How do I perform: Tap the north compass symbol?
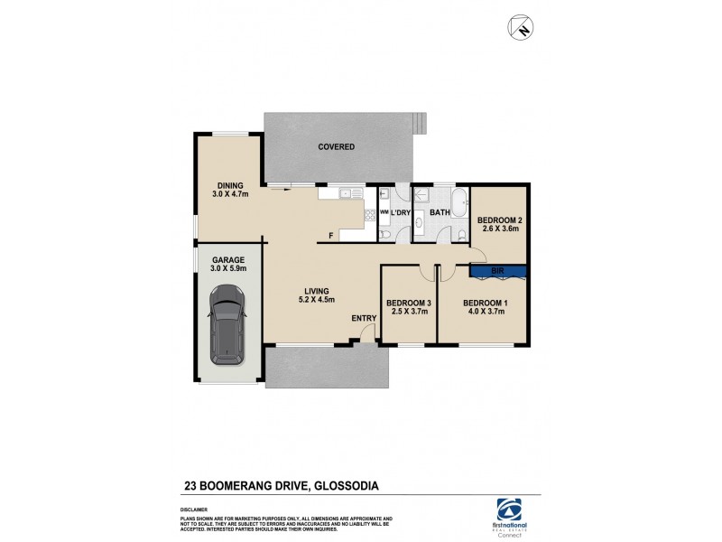pos(521,28)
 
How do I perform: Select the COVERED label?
pos(336,146)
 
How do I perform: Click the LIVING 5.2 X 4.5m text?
pos(318,295)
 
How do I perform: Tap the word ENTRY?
pos(365,318)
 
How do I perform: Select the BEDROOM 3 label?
pos(407,307)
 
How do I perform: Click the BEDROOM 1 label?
pos(484,307)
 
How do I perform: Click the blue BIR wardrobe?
pos(497,270)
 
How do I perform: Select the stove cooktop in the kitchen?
pos(369,215)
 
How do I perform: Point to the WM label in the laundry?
pos(384,212)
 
